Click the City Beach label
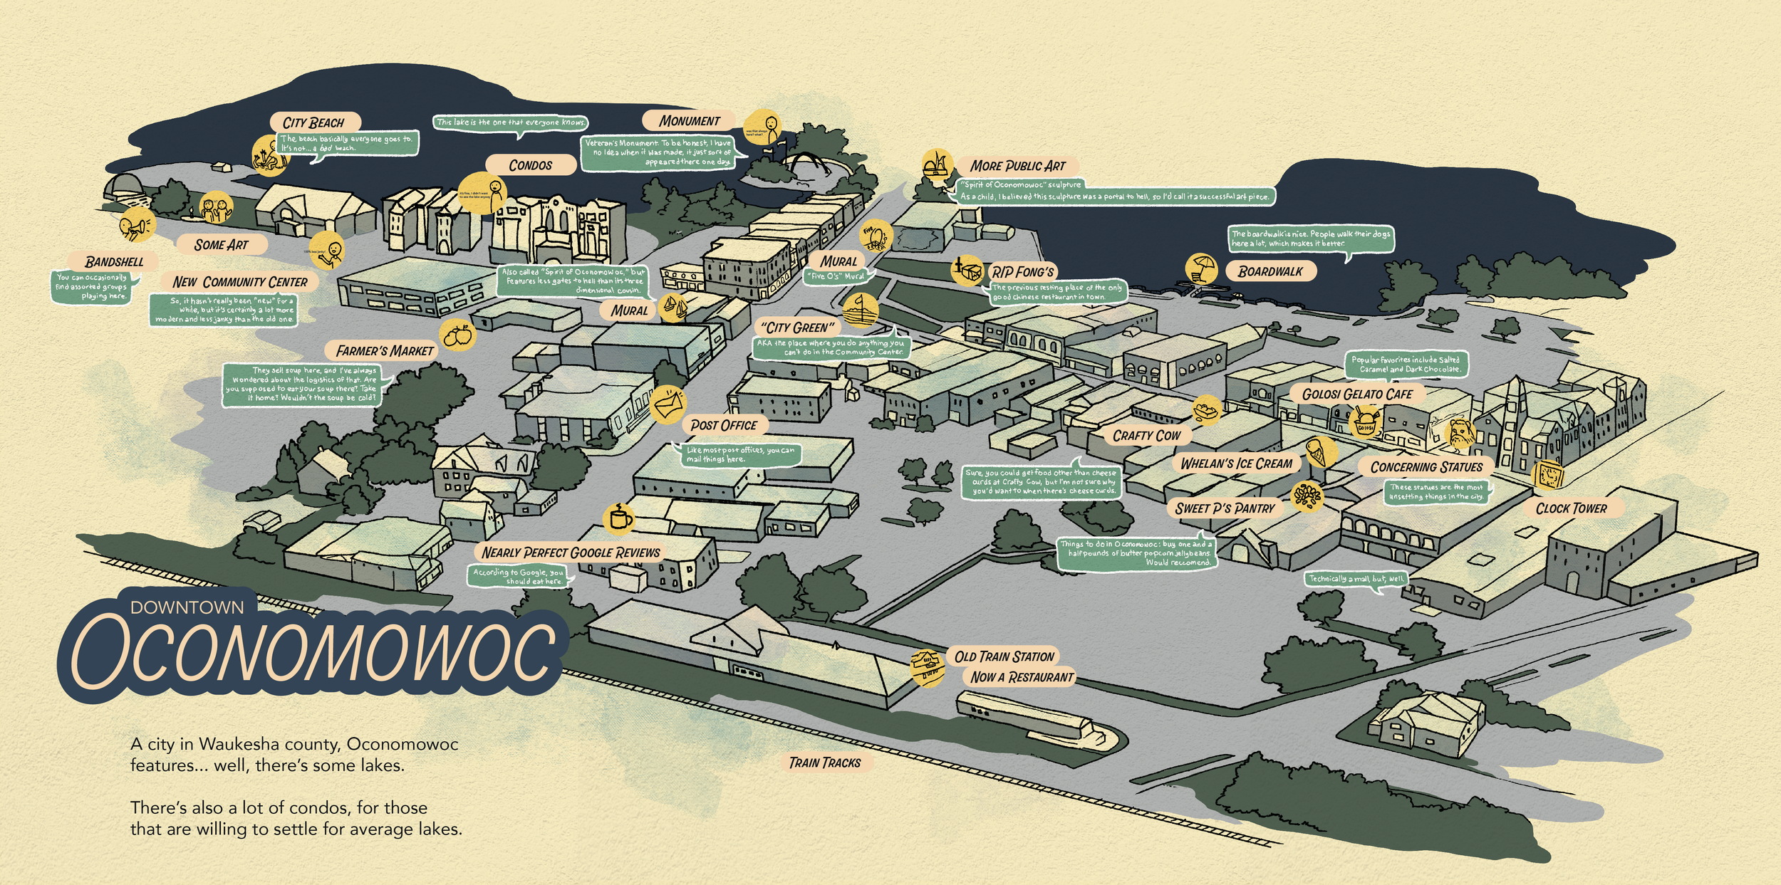313,122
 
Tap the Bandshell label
114,262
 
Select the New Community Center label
240,282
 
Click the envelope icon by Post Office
668,406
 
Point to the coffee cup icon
618,518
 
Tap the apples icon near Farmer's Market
457,334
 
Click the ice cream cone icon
1321,451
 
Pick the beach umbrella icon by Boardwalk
1202,269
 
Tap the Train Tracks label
825,763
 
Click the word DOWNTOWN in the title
187,607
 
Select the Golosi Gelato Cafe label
1357,394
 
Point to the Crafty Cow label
1146,435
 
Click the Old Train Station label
1004,656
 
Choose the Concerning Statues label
1426,467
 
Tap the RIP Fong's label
1023,272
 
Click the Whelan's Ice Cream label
1236,464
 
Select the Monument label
689,121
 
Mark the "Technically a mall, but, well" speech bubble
1356,579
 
